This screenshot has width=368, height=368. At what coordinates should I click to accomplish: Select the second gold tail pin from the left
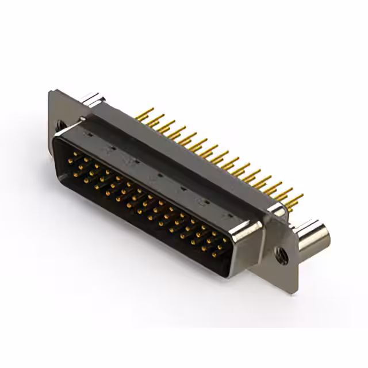154,118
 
